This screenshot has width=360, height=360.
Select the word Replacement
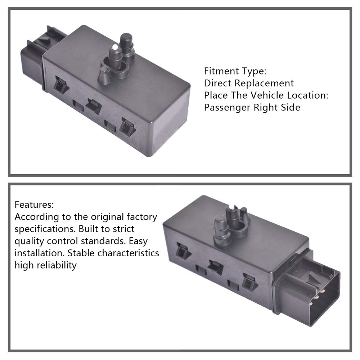264,83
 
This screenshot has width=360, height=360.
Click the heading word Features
34,205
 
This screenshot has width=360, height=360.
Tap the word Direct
218,83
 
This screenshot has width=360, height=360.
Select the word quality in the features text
30,241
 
